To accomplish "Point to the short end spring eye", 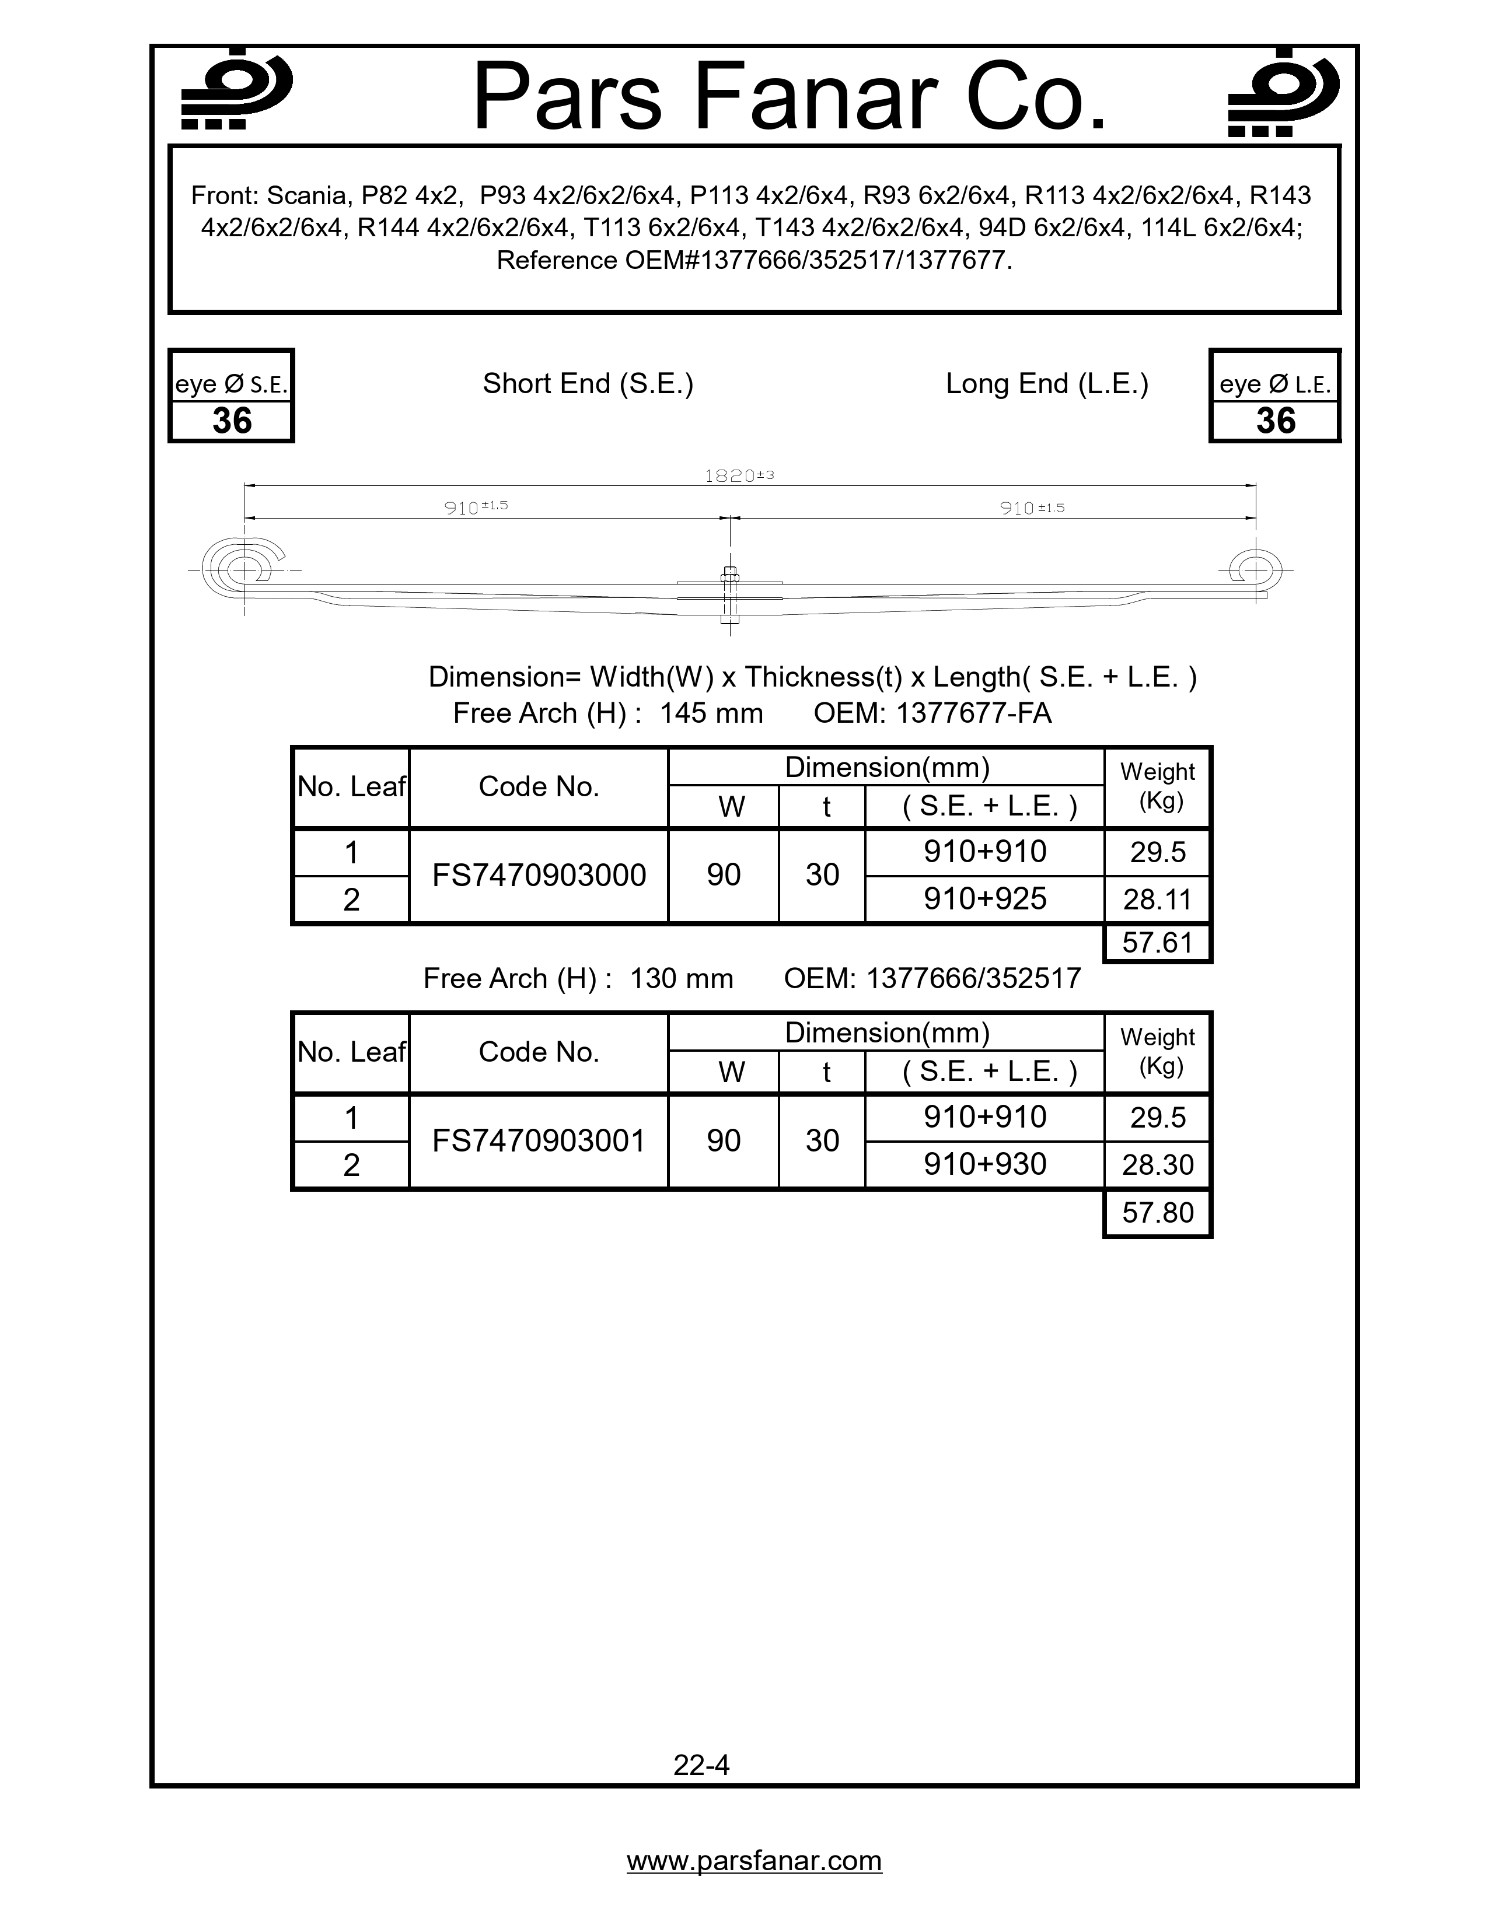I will (x=240, y=570).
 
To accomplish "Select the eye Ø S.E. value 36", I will (x=232, y=421).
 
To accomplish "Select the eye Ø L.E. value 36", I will (x=1276, y=421).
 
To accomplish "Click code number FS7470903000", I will (x=539, y=875).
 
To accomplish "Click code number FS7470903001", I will (x=539, y=1140).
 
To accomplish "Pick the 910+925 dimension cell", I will (x=984, y=899).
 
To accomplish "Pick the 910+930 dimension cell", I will (x=984, y=1164).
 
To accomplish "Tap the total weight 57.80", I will (x=1158, y=1213).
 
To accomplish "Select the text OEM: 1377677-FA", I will (x=932, y=712).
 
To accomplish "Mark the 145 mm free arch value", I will (x=711, y=712).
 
